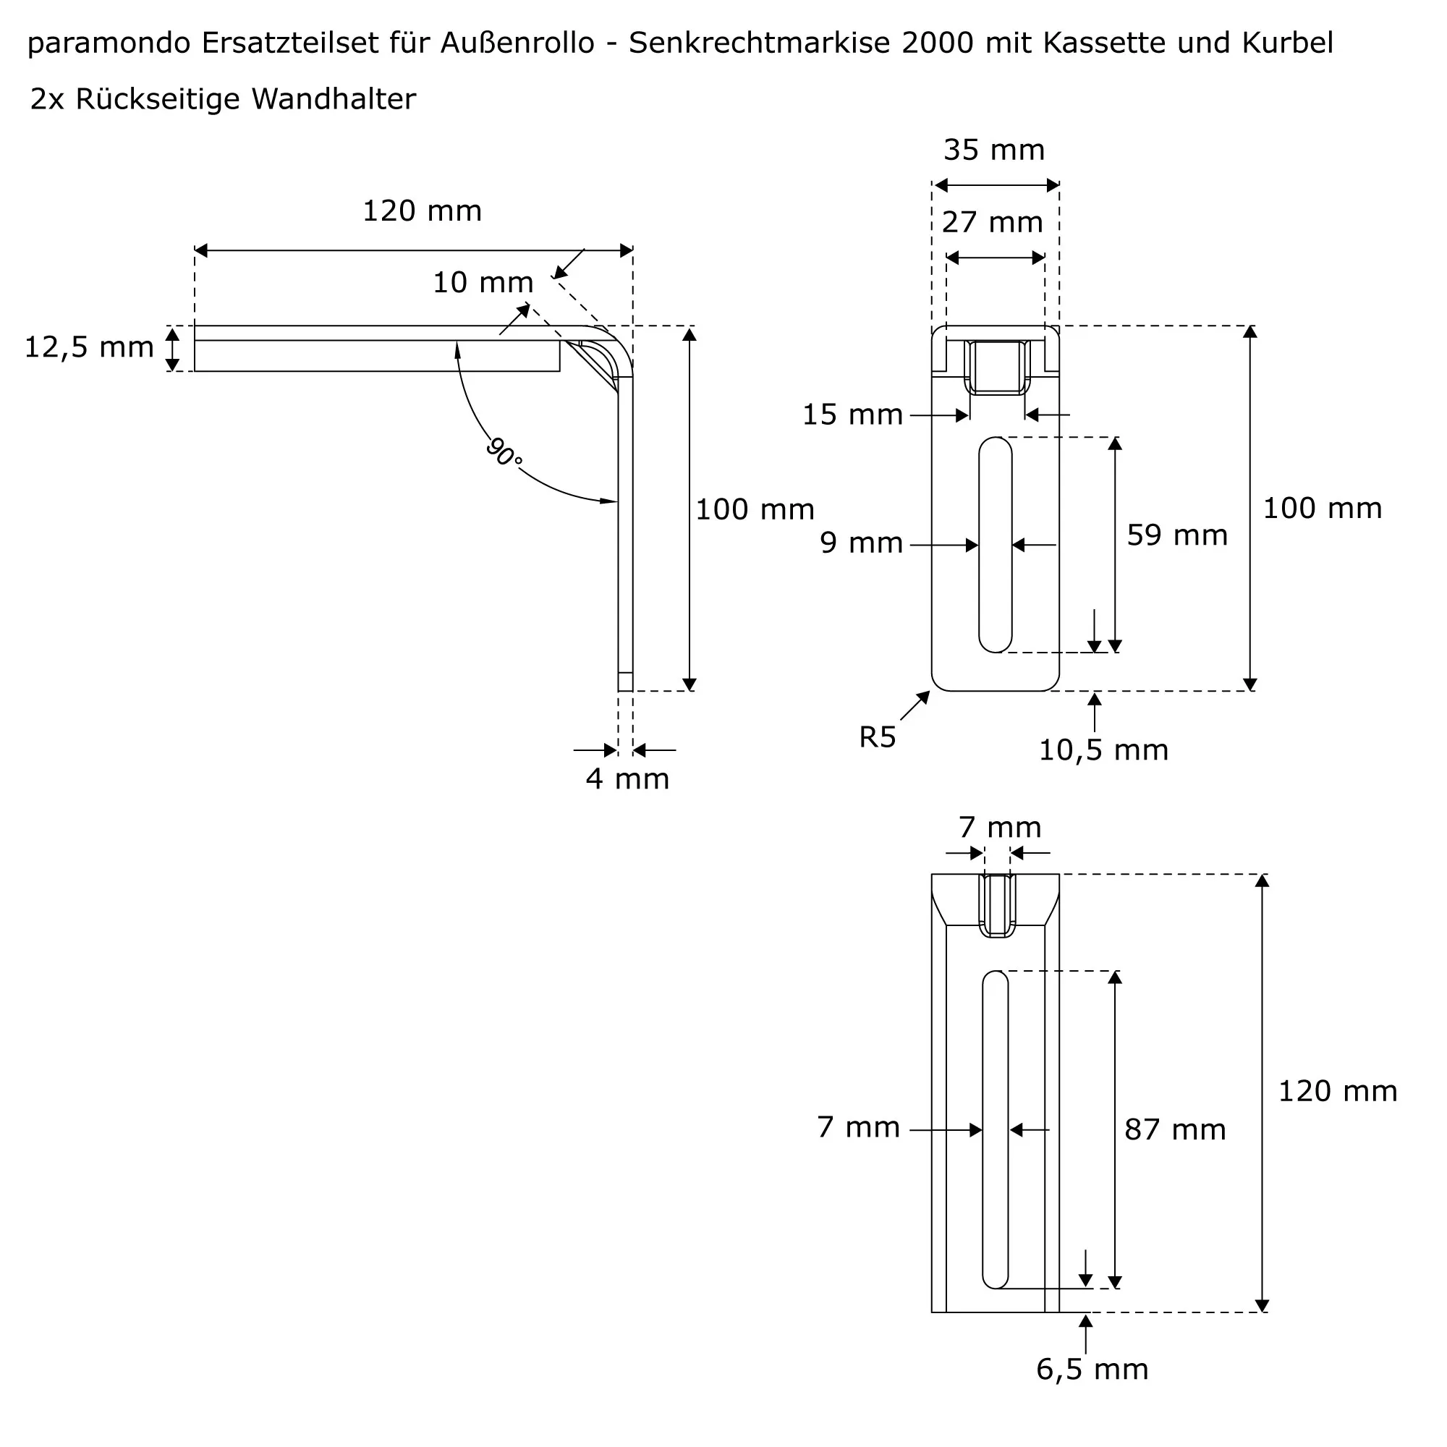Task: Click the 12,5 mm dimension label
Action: point(89,347)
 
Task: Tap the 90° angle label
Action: point(504,452)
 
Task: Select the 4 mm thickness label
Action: point(627,780)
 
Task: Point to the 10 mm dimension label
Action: point(483,283)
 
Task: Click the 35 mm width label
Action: point(994,150)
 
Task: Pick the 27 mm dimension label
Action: point(993,222)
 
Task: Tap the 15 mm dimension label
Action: point(852,415)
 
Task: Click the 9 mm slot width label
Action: point(861,543)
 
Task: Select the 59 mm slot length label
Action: point(1177,535)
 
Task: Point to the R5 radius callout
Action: point(877,738)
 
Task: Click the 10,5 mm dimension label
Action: point(1103,750)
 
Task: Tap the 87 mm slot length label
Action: point(1175,1130)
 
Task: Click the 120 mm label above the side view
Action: point(422,212)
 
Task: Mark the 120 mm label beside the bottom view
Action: point(1338,1091)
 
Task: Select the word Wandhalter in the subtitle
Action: point(334,100)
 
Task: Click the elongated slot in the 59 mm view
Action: point(995,545)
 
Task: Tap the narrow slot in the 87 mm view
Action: point(995,1129)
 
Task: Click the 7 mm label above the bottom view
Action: point(1000,828)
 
